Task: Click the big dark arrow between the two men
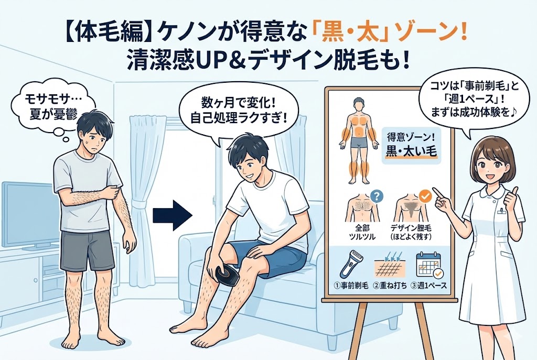172,215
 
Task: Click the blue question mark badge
377,196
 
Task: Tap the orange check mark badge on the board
426,197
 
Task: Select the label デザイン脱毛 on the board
411,228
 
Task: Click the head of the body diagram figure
358,105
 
